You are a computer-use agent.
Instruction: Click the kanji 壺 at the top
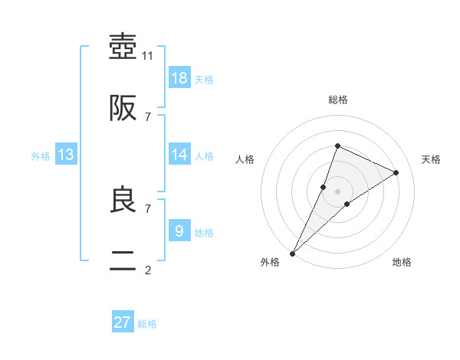pos(123,47)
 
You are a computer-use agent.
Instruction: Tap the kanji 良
pos(123,200)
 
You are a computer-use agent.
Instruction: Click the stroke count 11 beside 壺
pos(149,55)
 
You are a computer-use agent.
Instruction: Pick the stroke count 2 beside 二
pos(148,270)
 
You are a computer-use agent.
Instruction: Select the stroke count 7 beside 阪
pos(148,116)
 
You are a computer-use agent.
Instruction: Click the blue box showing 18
pos(179,78)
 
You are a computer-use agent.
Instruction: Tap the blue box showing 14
pos(179,155)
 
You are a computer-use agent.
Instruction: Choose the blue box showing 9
pos(179,231)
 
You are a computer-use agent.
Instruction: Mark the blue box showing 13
pos(66,155)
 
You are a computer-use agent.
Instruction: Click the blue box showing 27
pos(123,322)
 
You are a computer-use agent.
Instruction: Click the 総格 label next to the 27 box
pos(147,324)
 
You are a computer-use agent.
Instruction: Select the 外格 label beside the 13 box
pos(41,156)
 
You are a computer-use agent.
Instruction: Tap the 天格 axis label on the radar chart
pos(432,159)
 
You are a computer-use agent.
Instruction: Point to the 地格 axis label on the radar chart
pos(402,262)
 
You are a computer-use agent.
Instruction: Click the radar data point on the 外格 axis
pos(293,253)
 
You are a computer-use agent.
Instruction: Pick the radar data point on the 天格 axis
pos(396,172)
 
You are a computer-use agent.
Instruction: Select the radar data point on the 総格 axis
pos(337,146)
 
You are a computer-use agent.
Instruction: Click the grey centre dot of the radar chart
pos(337,191)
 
